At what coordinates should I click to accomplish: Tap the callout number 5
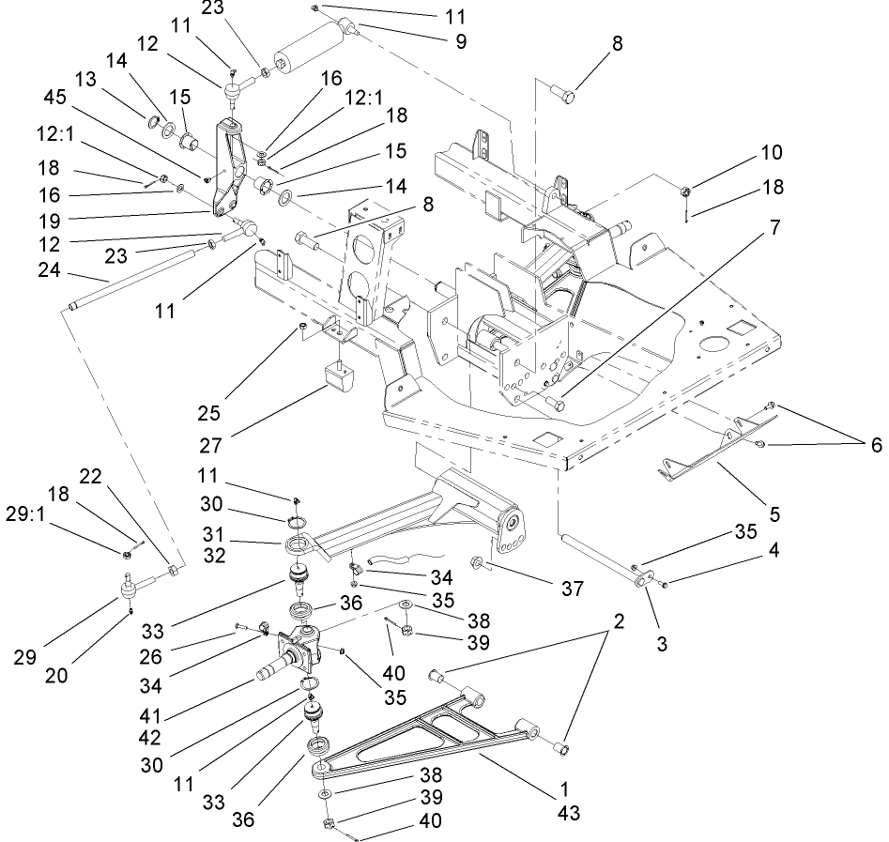pos(774,513)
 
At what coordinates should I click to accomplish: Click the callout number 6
pos(874,445)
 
